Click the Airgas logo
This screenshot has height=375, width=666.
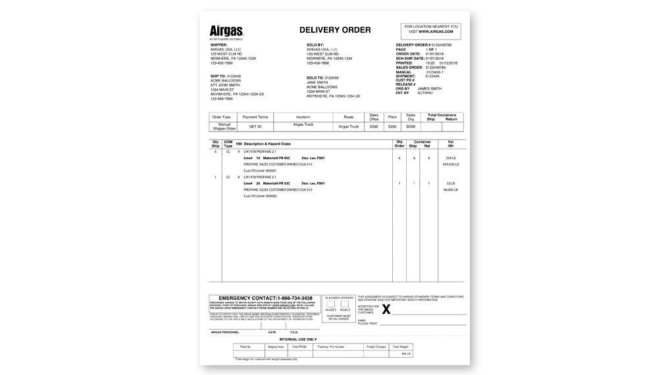click(226, 31)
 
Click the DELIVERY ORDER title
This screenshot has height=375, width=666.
click(335, 30)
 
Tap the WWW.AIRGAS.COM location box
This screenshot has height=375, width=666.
click(431, 30)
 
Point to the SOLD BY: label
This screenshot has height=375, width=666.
click(316, 45)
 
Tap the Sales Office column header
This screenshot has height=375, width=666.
click(374, 117)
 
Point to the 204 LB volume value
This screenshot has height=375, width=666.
click(451, 158)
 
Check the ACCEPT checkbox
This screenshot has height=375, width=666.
click(330, 305)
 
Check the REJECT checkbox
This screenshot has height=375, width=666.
click(344, 305)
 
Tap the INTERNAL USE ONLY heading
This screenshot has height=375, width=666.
click(335, 339)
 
